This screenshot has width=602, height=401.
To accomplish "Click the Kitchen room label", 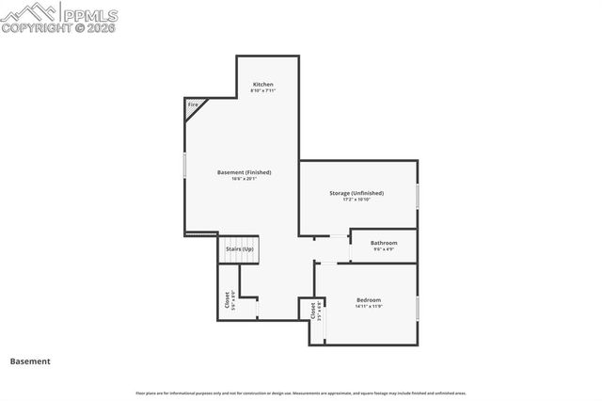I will click(x=262, y=85).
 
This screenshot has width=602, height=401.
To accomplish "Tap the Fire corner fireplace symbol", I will click(x=194, y=107).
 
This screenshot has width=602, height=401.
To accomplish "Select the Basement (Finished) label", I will click(x=244, y=172).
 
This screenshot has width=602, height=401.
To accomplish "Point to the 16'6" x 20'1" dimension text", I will click(x=244, y=179).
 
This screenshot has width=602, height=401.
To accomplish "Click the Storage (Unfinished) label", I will click(x=356, y=193).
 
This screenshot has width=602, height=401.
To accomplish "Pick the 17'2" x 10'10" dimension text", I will click(x=356, y=200).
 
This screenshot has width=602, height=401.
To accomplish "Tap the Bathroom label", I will click(x=384, y=243).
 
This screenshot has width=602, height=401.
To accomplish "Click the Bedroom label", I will click(x=369, y=300).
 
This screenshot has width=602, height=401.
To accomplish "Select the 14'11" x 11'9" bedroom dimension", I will click(x=369, y=307).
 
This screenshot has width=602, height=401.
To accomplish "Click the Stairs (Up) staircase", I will click(x=238, y=249).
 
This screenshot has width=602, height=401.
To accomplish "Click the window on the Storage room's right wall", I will click(x=417, y=196).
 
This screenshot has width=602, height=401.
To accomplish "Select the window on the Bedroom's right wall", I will click(x=417, y=310).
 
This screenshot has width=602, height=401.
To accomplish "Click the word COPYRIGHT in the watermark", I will click(x=33, y=28).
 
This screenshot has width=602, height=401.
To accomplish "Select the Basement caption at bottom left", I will click(x=30, y=361).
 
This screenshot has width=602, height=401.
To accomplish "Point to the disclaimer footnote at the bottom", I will click(x=300, y=393).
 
